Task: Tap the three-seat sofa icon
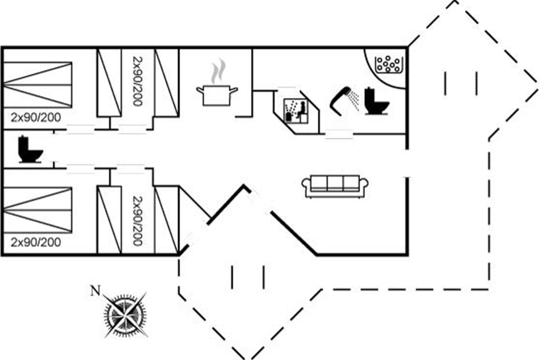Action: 335,186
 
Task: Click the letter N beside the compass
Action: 95,291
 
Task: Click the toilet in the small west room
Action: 30,149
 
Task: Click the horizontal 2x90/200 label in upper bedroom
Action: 36,118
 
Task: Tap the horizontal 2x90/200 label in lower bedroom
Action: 36,243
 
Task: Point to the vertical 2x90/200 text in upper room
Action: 137,81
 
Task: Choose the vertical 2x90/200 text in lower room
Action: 137,220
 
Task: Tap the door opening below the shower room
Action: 338,134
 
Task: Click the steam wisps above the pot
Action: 218,71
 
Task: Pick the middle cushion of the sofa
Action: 335,183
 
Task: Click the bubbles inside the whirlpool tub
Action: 388,64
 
